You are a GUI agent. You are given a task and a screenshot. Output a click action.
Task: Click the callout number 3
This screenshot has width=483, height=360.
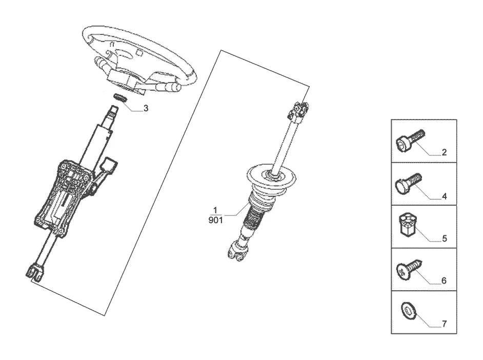146,108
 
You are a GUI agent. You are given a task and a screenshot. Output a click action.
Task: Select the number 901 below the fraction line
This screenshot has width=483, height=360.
215,220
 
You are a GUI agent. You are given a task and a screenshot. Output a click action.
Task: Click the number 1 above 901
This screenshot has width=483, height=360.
215,210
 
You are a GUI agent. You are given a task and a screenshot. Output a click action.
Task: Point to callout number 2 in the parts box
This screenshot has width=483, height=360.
444,152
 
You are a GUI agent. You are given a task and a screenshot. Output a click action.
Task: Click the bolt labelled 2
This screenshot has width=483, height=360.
410,140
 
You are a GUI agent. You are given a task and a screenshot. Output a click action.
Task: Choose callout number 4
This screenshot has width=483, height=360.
444,196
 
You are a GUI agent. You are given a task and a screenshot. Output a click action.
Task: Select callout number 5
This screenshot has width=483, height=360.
444,238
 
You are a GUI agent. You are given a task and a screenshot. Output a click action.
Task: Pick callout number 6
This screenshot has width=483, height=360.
444,281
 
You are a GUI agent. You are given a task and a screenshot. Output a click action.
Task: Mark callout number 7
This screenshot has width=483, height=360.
444,324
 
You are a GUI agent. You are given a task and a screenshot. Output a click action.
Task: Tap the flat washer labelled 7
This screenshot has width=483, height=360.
409,310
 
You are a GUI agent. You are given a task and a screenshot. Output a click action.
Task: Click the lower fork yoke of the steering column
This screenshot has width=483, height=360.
33,271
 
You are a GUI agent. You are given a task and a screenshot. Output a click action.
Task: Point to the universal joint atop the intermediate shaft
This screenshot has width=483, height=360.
297,111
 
